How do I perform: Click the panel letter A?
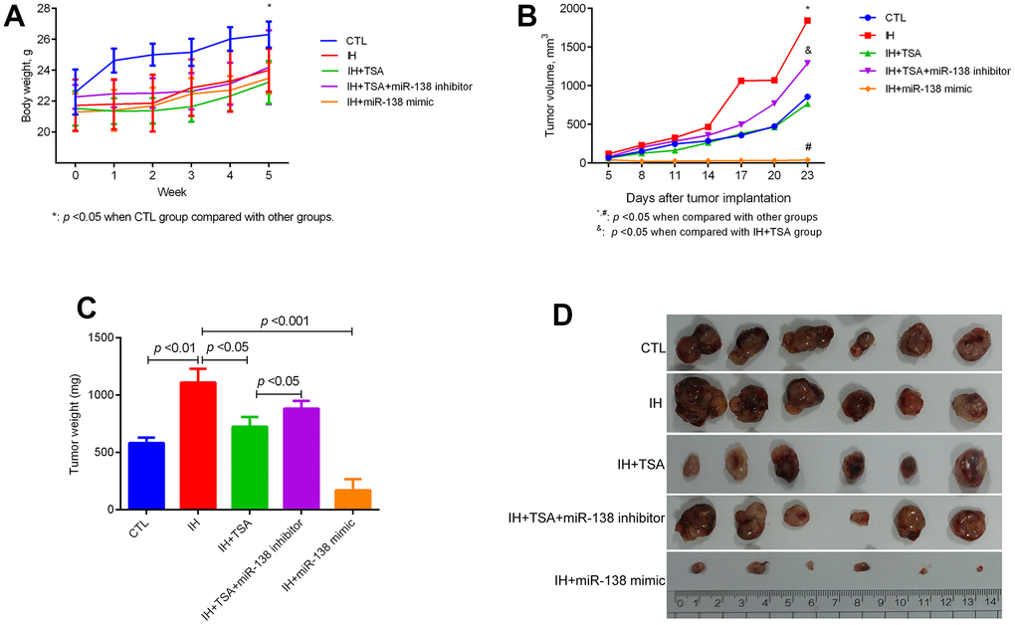coord(17,17)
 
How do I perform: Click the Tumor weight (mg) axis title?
coord(77,423)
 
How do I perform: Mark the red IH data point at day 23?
coord(807,21)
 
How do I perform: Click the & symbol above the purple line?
coord(808,50)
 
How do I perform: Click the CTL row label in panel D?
coord(651,346)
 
